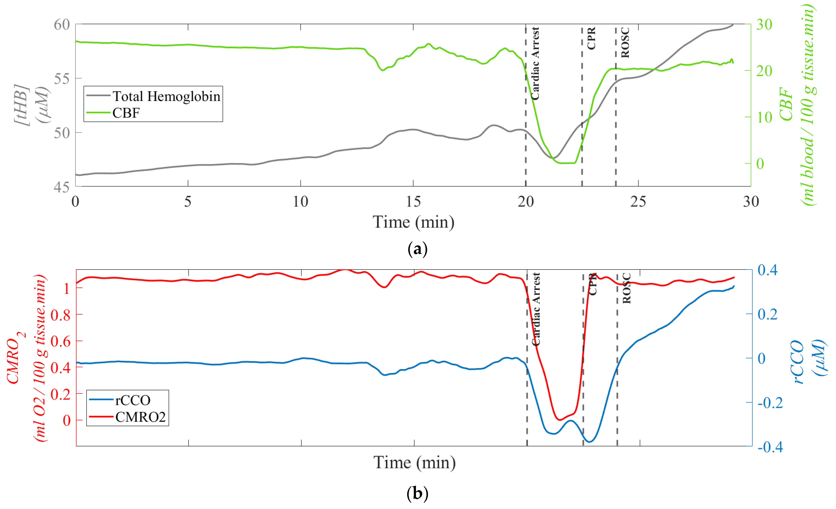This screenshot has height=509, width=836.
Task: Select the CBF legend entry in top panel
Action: point(126,113)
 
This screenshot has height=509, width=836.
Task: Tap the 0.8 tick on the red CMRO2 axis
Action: point(60,315)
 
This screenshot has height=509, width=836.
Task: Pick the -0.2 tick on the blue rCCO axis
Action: point(770,403)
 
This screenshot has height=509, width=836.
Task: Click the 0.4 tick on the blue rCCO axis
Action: point(767,270)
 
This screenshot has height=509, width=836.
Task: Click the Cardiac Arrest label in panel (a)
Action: point(535,64)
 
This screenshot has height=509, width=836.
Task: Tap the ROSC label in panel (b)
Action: point(627,288)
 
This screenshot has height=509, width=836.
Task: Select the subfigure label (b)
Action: point(417,493)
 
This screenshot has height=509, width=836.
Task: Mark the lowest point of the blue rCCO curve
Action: point(590,442)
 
